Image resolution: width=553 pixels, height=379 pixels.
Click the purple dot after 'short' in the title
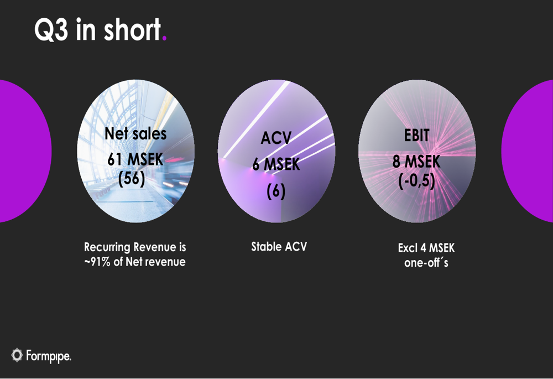coord(164,39)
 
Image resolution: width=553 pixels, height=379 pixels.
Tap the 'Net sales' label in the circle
coord(135,134)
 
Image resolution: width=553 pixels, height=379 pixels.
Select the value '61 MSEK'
coord(135,159)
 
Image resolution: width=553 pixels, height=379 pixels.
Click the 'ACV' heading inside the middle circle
coord(276,138)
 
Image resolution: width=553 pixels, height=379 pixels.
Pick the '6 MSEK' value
coord(276,164)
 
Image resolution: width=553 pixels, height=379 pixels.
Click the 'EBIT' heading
coord(417,135)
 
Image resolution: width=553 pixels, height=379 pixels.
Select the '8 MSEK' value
coord(417,162)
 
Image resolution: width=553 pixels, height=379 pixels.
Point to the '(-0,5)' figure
coord(417,181)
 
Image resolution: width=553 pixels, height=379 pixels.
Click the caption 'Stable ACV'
coord(279,247)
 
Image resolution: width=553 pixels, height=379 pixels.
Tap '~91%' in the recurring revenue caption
coord(97,262)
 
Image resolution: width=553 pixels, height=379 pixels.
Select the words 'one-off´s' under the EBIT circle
coord(426,263)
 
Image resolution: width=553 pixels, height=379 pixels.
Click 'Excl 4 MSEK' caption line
coord(426,248)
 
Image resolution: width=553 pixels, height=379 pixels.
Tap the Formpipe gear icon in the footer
coord(17,355)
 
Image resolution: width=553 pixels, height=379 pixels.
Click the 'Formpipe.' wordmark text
coord(49,356)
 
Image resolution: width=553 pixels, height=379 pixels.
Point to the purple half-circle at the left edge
coord(22,151)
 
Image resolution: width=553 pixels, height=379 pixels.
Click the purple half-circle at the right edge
coord(531,151)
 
